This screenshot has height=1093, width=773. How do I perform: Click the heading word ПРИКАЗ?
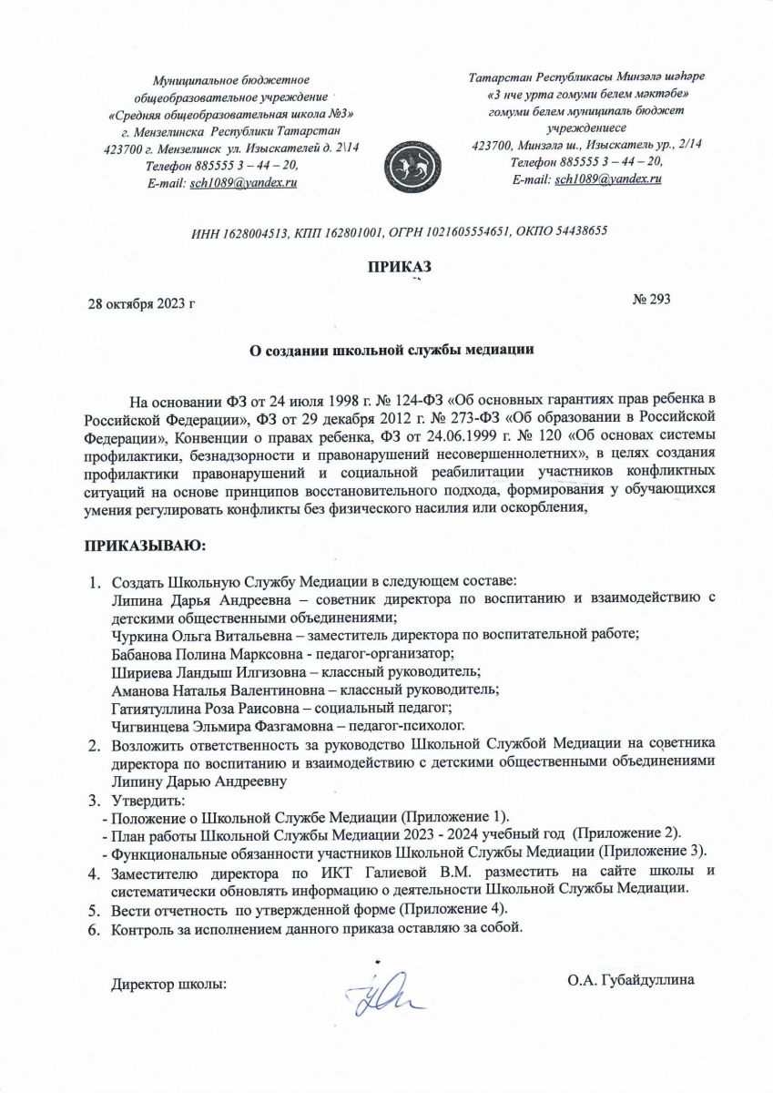397,266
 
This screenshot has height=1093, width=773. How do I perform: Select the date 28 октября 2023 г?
140,301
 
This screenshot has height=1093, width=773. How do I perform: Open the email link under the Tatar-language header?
607,179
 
